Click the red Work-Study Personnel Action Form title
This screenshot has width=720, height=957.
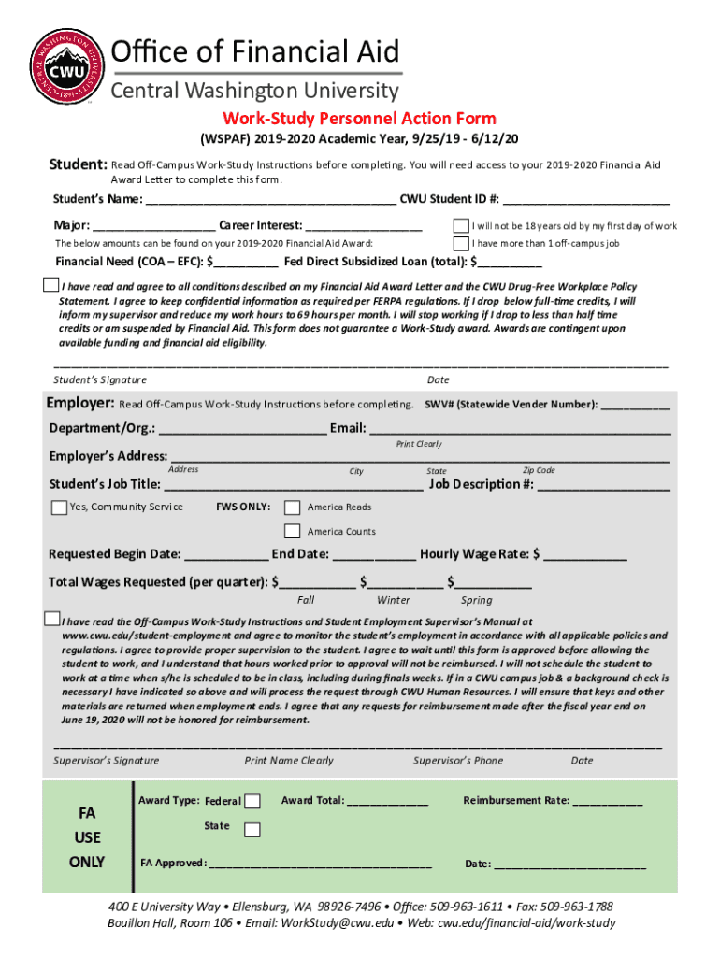click(x=359, y=119)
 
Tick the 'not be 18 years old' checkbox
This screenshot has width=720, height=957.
click(x=461, y=226)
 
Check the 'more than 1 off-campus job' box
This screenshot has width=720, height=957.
click(x=461, y=243)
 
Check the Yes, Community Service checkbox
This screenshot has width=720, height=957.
click(x=60, y=507)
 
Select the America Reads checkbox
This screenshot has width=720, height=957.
click(x=295, y=507)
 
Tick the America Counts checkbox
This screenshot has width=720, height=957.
click(x=295, y=532)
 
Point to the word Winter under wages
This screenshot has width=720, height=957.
click(x=394, y=600)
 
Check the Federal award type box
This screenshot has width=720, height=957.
click(x=252, y=801)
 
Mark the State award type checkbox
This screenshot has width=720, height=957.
click(x=252, y=830)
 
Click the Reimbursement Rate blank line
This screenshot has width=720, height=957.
click(x=607, y=802)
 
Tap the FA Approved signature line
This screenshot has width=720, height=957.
click(x=321, y=864)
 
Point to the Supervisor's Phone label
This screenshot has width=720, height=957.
click(x=458, y=761)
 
